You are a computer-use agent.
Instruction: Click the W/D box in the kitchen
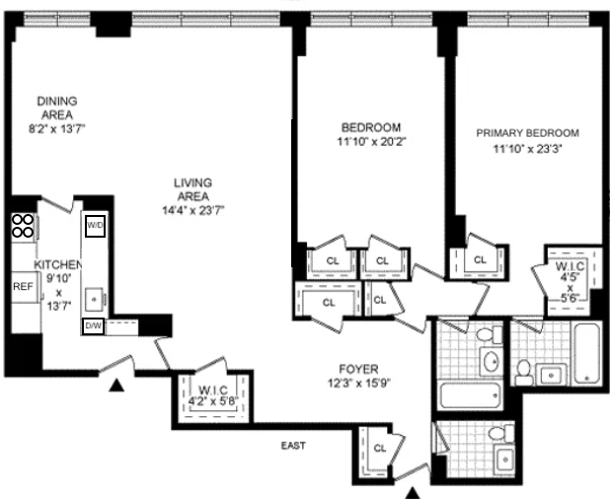point(96,226)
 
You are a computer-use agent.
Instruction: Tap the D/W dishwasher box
point(93,325)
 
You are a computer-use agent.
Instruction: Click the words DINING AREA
point(56,107)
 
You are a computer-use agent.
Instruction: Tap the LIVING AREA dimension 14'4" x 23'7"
point(192,209)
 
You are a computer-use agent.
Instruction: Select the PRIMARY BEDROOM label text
point(527,132)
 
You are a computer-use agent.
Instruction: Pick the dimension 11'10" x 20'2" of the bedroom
point(370,141)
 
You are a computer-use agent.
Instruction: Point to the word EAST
point(291,446)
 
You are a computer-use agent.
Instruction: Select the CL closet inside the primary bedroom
point(480,259)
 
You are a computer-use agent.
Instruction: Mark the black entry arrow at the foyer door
point(414,490)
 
